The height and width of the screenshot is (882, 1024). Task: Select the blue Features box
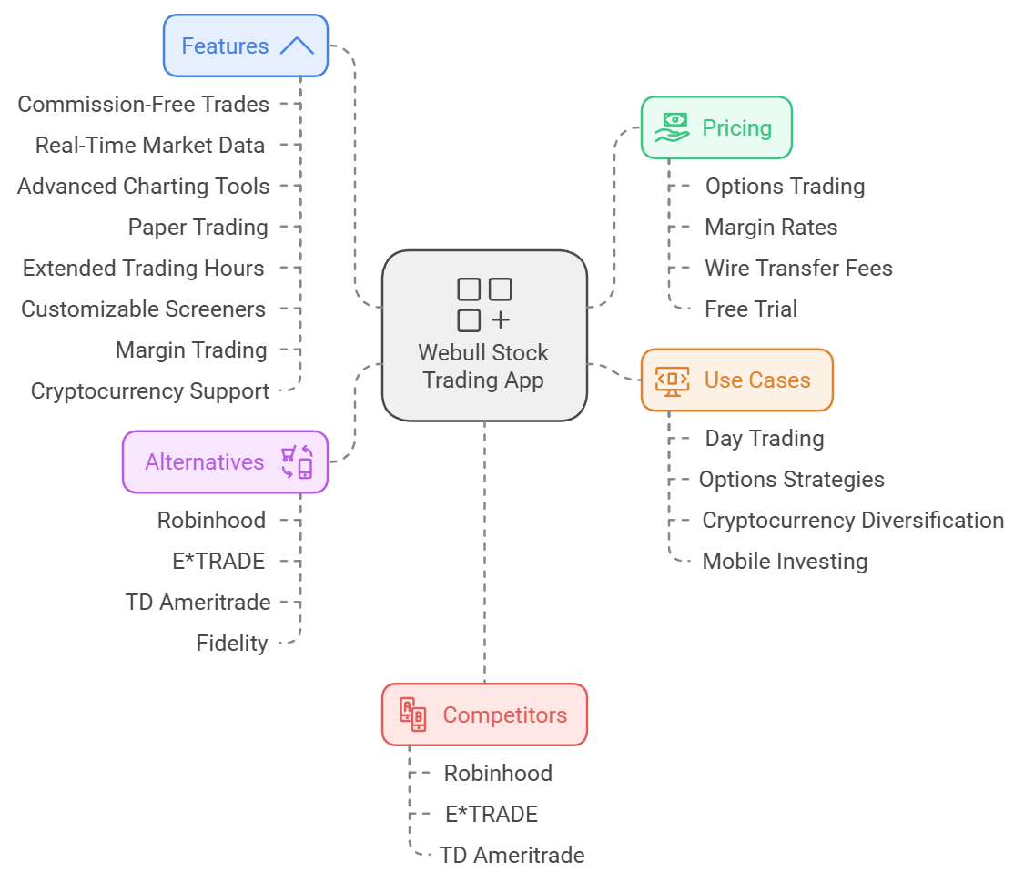click(x=245, y=46)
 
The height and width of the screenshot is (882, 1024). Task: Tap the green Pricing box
click(x=716, y=127)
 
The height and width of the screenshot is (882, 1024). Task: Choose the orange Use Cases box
click(x=736, y=380)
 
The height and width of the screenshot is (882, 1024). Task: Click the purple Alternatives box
click(x=225, y=461)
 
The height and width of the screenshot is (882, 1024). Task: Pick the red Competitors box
click(x=484, y=715)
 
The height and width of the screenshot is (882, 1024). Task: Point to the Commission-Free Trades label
click(x=144, y=104)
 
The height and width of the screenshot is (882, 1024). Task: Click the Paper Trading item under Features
click(x=198, y=227)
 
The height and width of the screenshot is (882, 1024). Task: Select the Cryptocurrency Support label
click(x=150, y=390)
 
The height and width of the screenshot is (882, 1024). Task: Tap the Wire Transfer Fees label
click(x=798, y=268)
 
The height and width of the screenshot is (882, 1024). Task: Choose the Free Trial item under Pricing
click(x=751, y=309)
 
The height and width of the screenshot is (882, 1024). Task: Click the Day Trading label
click(x=765, y=438)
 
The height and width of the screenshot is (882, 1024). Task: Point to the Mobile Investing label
click(x=785, y=561)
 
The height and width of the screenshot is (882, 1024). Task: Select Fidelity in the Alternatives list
click(x=232, y=643)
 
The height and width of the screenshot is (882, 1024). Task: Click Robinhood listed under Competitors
click(x=498, y=773)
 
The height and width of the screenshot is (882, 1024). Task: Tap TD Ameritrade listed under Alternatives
click(x=198, y=602)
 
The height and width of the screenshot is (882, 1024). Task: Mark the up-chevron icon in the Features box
click(x=297, y=46)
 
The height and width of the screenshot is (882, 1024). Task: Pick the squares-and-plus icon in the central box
click(x=483, y=305)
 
